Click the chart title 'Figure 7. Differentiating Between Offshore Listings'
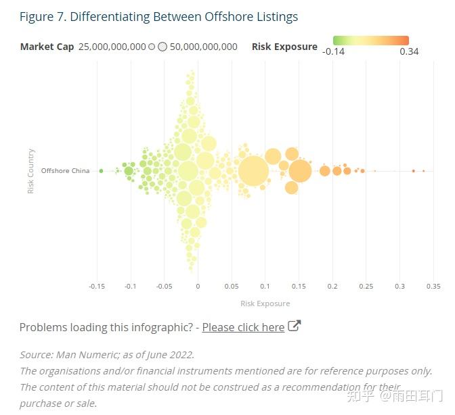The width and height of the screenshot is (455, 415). [158, 17]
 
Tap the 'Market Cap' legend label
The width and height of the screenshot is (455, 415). [47, 47]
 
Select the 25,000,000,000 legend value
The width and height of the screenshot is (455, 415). [112, 47]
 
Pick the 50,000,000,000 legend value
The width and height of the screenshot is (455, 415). [203, 47]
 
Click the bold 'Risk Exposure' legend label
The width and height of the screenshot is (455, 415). [284, 47]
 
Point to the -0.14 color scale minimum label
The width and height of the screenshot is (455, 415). [334, 52]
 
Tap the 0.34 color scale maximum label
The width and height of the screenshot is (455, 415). [409, 52]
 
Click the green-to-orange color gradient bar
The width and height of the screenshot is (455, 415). [371, 41]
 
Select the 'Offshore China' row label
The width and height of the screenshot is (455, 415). [65, 171]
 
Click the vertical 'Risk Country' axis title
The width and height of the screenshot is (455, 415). [31, 171]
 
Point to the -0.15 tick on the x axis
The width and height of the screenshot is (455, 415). [97, 287]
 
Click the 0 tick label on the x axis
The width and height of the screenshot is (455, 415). [198, 287]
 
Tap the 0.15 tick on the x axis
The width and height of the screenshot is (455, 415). [299, 287]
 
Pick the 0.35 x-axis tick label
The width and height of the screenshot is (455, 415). [433, 287]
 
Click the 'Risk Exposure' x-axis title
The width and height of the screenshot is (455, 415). [265, 303]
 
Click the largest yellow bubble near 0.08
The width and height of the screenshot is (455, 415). [253, 171]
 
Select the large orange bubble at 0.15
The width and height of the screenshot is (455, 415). [299, 171]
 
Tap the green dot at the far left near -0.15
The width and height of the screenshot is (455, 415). [101, 171]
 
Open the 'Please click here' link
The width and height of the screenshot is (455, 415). [243, 327]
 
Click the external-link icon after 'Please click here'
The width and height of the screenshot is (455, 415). [294, 326]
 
